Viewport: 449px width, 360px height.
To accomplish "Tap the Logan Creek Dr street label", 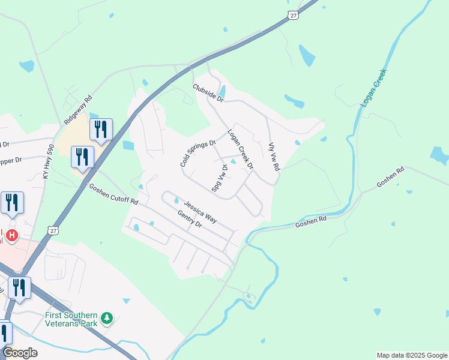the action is click(x=240, y=149).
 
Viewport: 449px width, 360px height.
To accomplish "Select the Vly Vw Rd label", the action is click(x=274, y=155).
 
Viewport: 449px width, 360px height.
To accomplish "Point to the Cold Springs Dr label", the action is click(x=197, y=154).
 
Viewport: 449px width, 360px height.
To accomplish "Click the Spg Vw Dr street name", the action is click(x=220, y=178).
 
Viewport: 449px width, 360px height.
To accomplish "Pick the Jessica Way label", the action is click(x=200, y=211).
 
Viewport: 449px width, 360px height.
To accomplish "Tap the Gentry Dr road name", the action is click(x=190, y=220).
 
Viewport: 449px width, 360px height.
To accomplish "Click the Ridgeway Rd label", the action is click(x=78, y=109).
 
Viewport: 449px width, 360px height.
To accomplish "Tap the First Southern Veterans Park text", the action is click(x=71, y=319).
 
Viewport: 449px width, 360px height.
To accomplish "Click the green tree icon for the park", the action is click(x=107, y=317).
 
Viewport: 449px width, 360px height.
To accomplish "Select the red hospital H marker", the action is click(x=11, y=235).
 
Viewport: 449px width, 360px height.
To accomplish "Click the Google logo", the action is click(x=20, y=353).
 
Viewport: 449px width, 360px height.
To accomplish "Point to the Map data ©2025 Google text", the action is click(x=411, y=355).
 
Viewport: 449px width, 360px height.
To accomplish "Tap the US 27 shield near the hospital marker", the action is click(x=53, y=230).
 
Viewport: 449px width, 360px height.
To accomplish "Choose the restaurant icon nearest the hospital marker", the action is click(x=12, y=204).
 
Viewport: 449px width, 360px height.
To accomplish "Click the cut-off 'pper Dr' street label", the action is click(x=11, y=160).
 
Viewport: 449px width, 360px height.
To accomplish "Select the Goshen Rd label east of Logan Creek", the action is click(x=391, y=178).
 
